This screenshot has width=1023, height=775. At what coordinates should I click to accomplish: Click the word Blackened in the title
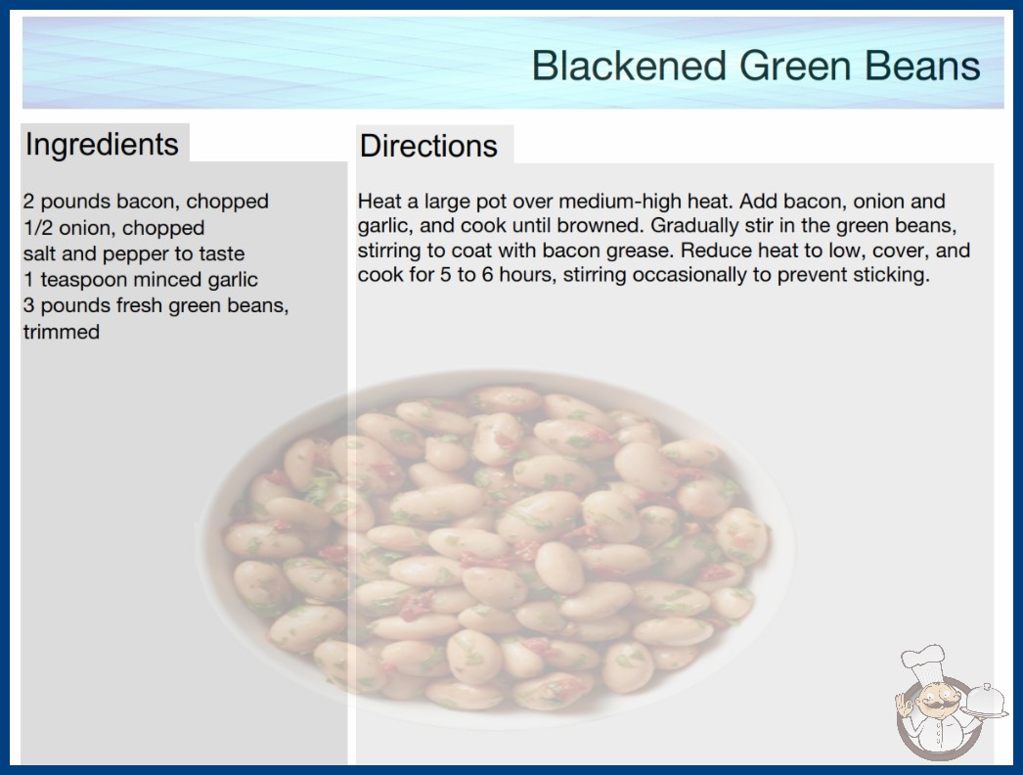[629, 66]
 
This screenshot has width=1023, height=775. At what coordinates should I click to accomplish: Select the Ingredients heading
[102, 144]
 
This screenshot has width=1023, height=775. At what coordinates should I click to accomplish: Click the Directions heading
[428, 146]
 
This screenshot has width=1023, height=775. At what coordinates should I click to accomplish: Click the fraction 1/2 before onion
[38, 228]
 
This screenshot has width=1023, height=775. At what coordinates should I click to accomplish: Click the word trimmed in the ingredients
[62, 332]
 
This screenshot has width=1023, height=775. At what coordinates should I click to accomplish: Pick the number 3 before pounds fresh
[28, 305]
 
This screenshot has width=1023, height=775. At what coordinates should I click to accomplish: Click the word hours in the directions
[527, 275]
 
